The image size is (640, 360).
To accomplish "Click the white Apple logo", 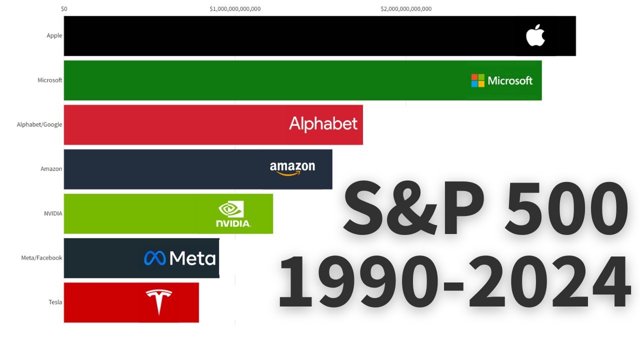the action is coord(535,35).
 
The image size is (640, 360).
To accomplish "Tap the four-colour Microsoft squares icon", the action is coord(477,80).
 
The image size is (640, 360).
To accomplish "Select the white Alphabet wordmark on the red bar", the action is coord(323,124).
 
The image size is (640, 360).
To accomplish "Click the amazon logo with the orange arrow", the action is coord(292,168).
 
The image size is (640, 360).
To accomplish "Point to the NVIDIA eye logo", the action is coord(231,209).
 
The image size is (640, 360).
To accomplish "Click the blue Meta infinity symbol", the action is coord(155,258).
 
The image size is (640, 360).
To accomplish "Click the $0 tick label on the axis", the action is coord(64,9).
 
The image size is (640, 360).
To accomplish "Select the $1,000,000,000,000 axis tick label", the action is coord(235,9).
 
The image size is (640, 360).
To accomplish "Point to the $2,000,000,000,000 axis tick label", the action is coord(406,9).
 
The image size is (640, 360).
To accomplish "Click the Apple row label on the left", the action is coord(54,35).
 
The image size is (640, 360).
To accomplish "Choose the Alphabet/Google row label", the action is coord(39,124).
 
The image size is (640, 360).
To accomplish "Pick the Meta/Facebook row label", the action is coord(41,257).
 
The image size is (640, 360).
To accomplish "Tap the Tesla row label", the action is coord(55,302).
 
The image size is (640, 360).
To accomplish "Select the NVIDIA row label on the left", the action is coord(53,213).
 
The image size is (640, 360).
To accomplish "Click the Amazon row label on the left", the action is coord(51,169).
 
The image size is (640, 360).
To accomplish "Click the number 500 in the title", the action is coord(566,208).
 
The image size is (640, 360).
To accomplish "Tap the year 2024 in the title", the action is coord(549,281).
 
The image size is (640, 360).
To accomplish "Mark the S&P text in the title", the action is coord(413,207).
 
